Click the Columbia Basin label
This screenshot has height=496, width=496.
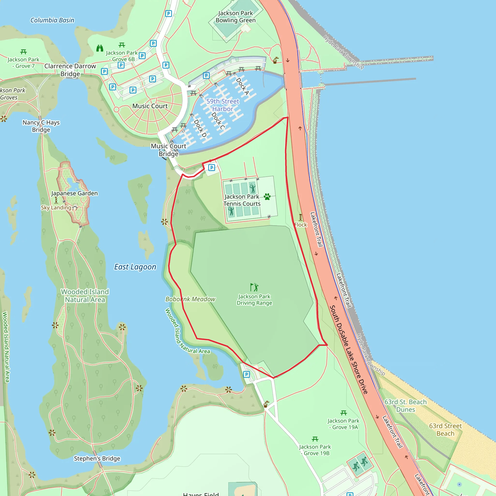52,20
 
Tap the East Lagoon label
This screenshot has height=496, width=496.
135,267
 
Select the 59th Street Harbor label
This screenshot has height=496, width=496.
223,105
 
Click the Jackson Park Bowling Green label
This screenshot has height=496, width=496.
235,17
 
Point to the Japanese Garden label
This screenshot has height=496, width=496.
74,193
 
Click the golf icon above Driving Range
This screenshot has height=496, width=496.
254,287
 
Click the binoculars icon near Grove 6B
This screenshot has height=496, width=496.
100,48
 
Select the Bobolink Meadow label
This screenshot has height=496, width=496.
190,299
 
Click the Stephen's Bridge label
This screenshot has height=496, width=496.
97,458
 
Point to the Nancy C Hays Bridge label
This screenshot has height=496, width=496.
41,126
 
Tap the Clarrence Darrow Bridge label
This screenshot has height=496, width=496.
70,70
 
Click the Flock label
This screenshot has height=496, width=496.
301,225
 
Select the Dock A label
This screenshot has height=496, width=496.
242,86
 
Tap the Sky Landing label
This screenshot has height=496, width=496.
56,208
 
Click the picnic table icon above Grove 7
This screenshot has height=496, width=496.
23,52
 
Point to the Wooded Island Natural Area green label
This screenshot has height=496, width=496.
85,296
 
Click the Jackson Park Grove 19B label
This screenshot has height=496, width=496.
315,450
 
